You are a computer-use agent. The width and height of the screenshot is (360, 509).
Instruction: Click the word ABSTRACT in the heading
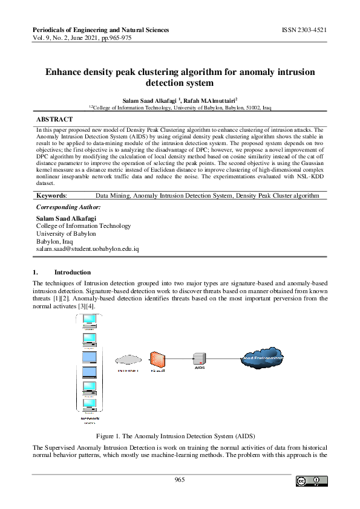[x=54, y=120]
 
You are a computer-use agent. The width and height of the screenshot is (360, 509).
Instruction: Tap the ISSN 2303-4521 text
[x=304, y=30]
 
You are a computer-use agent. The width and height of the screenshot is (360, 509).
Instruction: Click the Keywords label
[x=51, y=196]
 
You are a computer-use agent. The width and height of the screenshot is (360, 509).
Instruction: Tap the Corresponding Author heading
[x=68, y=207]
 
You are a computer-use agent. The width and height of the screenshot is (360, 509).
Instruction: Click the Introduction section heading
[x=72, y=273]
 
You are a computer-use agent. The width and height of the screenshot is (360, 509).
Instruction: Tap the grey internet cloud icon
[x=128, y=361]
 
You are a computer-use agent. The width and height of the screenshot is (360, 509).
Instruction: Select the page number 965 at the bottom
[x=180, y=480]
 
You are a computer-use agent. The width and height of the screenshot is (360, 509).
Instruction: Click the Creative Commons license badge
[x=312, y=481]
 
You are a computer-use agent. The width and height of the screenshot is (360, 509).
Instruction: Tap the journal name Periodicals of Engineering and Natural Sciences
[x=100, y=30]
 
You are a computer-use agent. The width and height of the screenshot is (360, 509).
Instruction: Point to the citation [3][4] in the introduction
[x=85, y=307]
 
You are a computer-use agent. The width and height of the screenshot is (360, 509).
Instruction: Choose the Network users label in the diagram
[x=90, y=419]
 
